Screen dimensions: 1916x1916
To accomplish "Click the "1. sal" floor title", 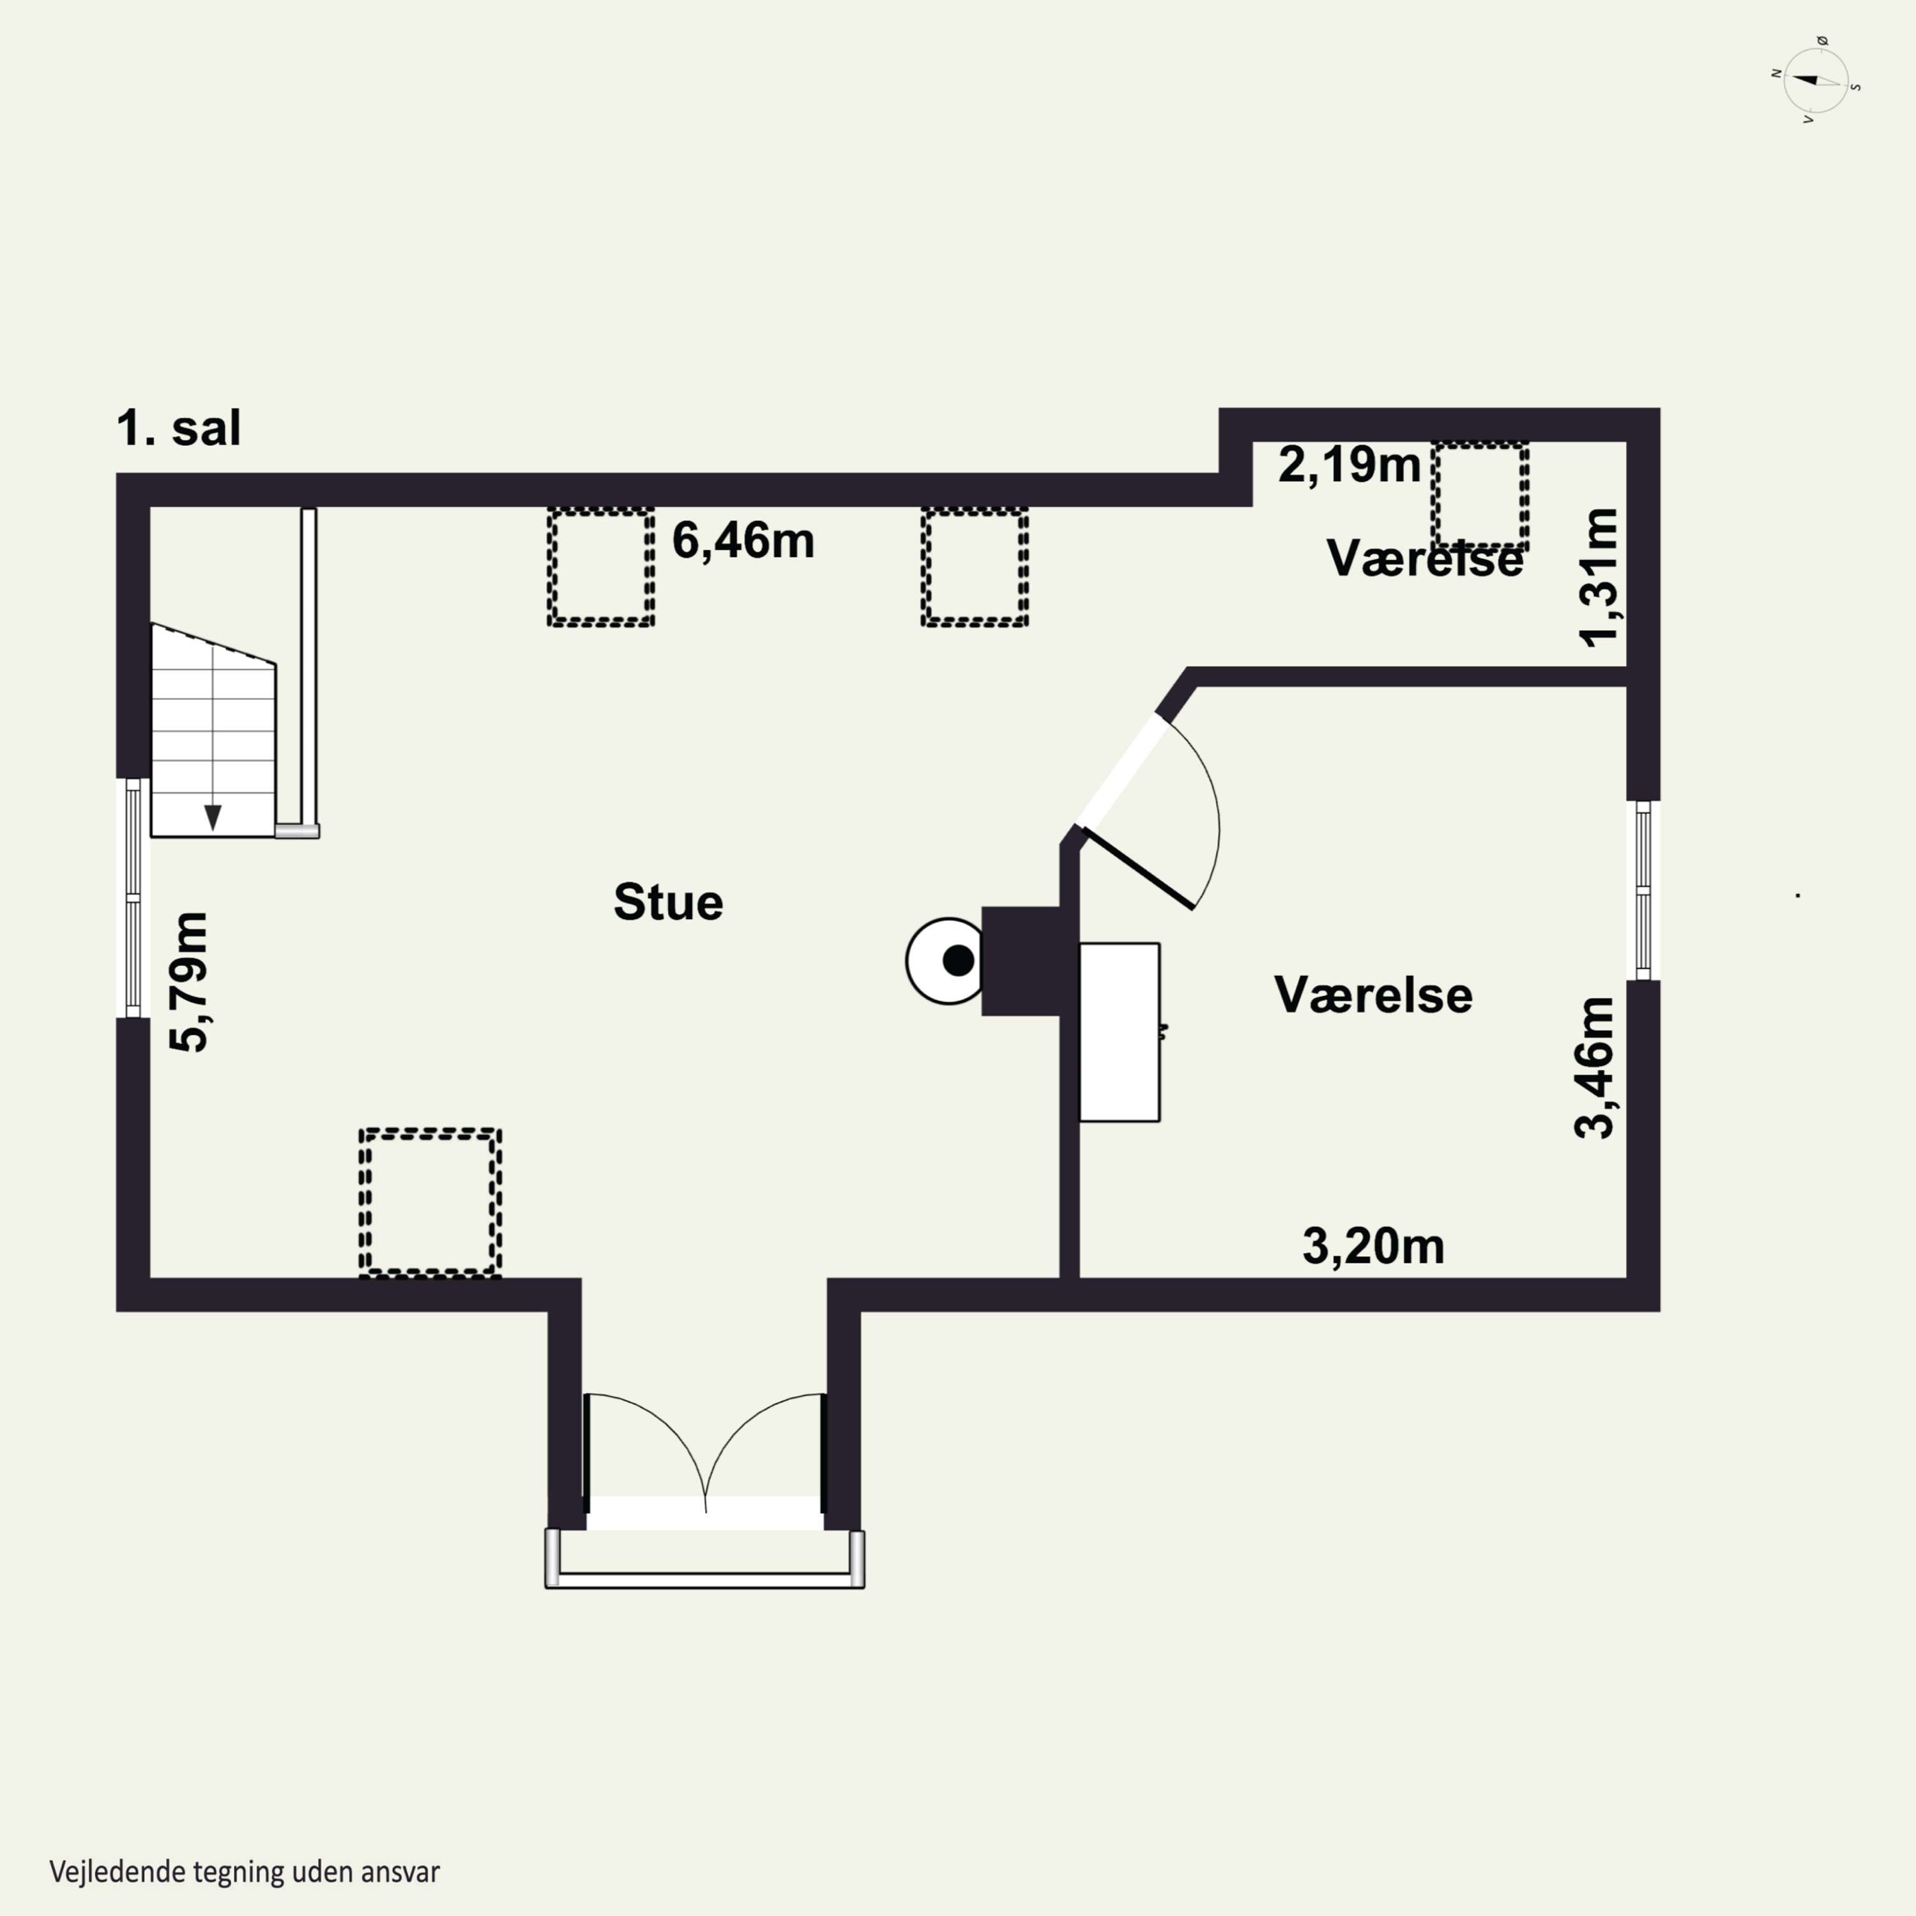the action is [x=179, y=429].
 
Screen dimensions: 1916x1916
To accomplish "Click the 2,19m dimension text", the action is [x=1350, y=464].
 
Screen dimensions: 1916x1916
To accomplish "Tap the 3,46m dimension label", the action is [x=1595, y=1067].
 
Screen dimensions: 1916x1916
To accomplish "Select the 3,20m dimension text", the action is [x=1374, y=1247].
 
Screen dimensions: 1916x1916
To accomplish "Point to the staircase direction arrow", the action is [x=212, y=816].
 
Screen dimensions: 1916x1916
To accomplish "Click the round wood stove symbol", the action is [x=945, y=961].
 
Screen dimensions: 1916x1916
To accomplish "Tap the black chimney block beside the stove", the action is [x=1021, y=961].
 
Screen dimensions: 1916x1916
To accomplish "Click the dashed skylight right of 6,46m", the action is [x=975, y=567].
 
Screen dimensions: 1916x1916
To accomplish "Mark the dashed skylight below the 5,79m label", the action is [x=429, y=1202].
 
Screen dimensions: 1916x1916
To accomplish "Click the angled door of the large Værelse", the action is [x=1141, y=869].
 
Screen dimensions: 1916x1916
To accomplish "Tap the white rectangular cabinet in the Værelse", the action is [x=1120, y=1032].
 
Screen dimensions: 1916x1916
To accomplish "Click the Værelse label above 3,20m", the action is [x=1374, y=996].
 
